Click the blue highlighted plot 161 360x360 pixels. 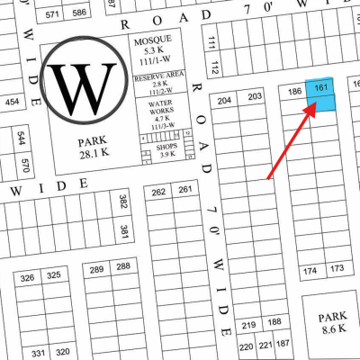click(x=321, y=94)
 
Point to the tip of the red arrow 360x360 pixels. click(x=315, y=104)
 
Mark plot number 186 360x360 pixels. click(x=293, y=92)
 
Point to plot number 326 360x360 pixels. click(x=28, y=275)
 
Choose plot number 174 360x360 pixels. click(x=310, y=269)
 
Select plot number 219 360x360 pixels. click(x=249, y=323)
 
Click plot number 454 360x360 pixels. click(x=11, y=102)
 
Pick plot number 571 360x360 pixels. click(x=52, y=13)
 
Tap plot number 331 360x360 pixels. click(x=38, y=352)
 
